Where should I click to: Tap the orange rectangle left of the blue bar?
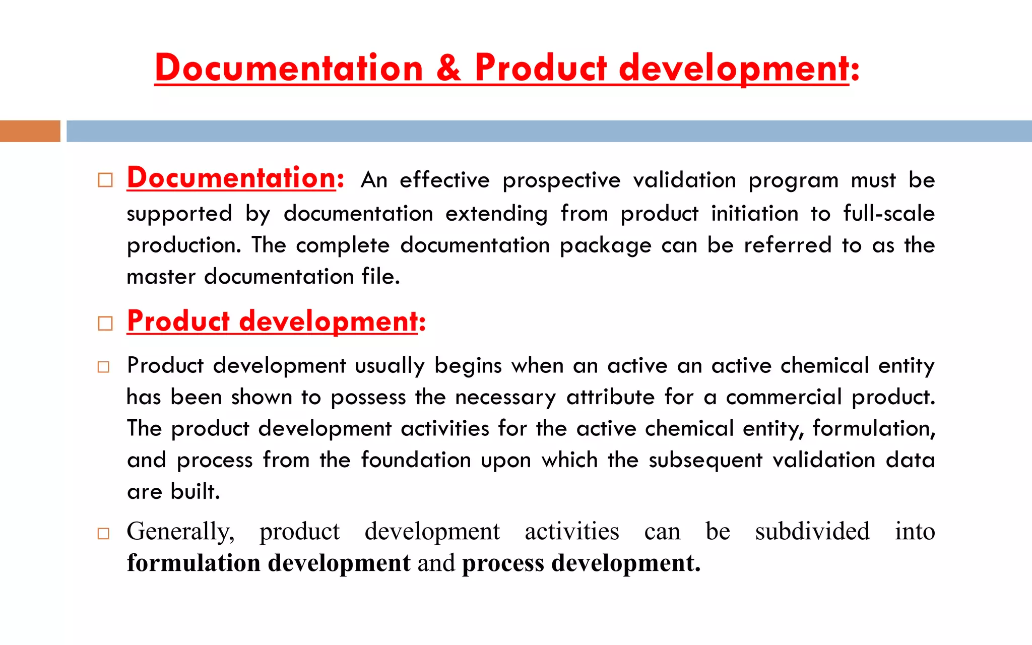tap(30, 131)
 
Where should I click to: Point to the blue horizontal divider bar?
tap(549, 131)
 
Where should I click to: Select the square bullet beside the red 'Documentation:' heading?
tap(105, 180)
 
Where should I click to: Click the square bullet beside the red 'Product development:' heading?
tap(105, 323)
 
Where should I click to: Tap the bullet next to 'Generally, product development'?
tap(103, 533)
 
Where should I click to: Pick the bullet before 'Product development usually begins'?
tap(103, 367)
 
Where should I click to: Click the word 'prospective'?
tap(561, 180)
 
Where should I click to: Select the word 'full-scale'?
tap(889, 213)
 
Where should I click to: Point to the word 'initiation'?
tap(754, 213)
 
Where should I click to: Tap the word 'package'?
tap(605, 245)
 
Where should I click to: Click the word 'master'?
tap(161, 277)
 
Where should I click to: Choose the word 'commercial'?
tap(784, 397)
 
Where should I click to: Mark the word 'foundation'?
tap(415, 460)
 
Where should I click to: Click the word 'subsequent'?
tap(705, 460)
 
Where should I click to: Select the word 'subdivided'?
tap(812, 531)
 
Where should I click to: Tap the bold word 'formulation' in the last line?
tap(193, 563)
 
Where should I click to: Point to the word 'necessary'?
tap(505, 397)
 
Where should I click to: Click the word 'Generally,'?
tap(180, 531)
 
